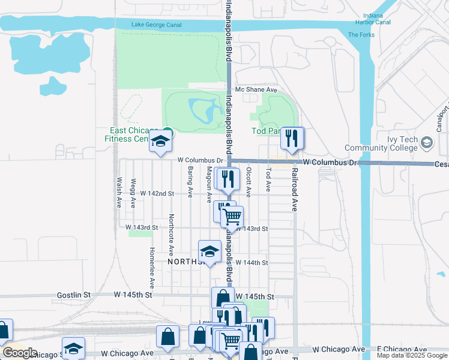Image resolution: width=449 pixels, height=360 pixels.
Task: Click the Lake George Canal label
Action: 156,25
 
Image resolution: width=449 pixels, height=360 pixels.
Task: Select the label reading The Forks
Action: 362,35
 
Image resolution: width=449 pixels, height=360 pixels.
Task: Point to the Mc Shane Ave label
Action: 256,90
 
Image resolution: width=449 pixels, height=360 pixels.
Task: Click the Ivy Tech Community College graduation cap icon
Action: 426,143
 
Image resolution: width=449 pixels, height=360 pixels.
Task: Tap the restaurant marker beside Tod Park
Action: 292,139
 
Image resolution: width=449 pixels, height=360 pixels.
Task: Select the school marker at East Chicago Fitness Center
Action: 160,142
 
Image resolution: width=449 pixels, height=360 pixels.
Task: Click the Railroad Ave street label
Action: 295,190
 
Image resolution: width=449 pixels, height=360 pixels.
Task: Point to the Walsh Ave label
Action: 119,192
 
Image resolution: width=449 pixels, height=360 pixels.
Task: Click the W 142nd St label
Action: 157,194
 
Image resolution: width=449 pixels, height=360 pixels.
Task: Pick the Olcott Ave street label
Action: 248,179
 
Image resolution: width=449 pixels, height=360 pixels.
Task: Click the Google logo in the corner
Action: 19,353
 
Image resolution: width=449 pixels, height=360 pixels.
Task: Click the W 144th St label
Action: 252,263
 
